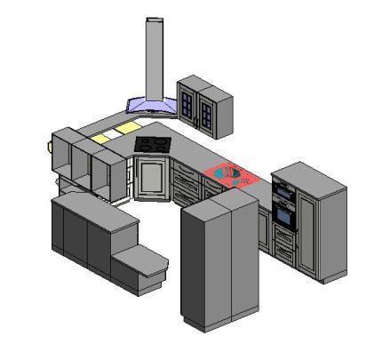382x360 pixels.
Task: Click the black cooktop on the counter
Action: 152,144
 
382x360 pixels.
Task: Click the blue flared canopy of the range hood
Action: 152,106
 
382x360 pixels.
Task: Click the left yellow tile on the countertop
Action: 100,138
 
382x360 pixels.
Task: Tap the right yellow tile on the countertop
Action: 125,131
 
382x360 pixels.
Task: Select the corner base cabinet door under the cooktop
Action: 150,178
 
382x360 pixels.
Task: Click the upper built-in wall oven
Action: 283,192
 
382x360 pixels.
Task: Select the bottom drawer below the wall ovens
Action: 284,252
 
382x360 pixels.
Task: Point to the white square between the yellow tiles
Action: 113,134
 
